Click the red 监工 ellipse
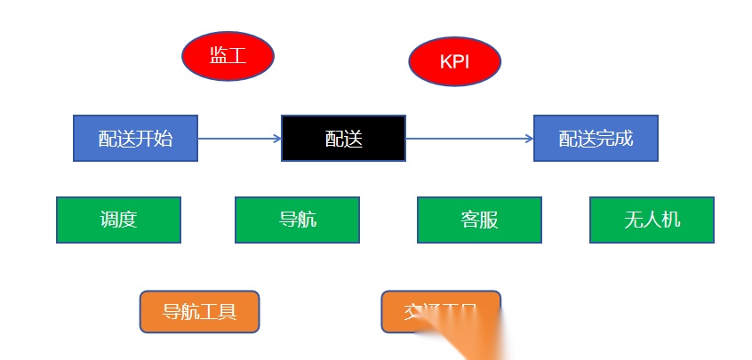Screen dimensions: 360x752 tap(228, 56)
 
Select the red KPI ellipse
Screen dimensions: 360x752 tap(454, 62)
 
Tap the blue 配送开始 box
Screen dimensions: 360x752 tap(135, 138)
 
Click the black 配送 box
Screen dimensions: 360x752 tap(343, 138)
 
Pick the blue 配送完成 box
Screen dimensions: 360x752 tap(596, 138)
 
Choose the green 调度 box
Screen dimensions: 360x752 tap(118, 220)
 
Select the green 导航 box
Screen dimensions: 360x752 tap(297, 220)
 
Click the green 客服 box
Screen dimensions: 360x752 tap(479, 220)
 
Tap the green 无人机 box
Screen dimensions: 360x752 tap(652, 220)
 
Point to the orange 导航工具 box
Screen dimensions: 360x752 tap(199, 312)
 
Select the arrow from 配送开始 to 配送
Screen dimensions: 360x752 tap(238, 139)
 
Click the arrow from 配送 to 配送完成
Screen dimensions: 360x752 tap(468, 139)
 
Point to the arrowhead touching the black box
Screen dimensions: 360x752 tap(276, 139)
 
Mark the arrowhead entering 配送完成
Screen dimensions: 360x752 tap(529, 139)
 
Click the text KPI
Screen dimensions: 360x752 tap(454, 62)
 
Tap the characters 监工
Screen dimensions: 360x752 tap(228, 56)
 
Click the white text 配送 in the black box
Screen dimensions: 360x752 tap(343, 139)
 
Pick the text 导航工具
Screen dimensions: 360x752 tap(199, 312)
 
